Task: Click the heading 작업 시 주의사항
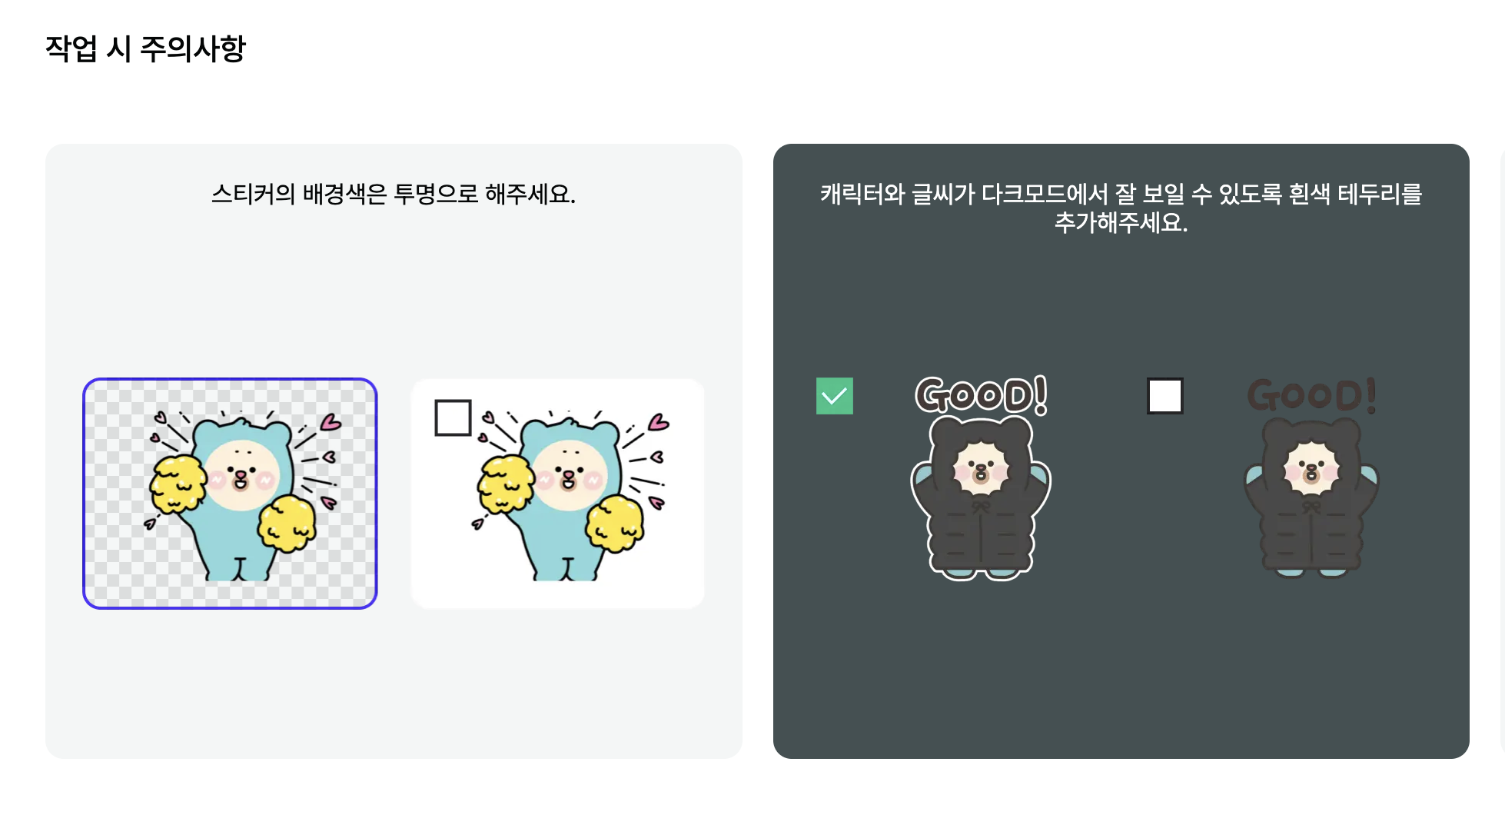point(145,49)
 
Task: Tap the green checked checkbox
point(834,396)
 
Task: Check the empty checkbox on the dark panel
point(1164,396)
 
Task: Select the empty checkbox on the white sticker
point(453,417)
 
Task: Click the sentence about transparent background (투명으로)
point(393,194)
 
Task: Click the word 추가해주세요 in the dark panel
point(1120,223)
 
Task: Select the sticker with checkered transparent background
point(230,494)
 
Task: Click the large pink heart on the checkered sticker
point(331,422)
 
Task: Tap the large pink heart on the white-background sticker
point(659,422)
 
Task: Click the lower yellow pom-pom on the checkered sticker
point(286,523)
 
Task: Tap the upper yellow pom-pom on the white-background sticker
point(504,484)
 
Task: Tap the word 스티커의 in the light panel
point(253,194)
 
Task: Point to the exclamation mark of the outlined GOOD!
point(1040,394)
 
